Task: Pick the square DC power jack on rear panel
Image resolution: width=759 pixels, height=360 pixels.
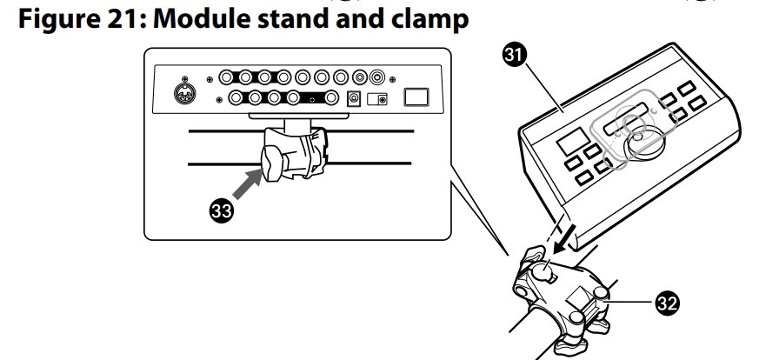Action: (355, 99)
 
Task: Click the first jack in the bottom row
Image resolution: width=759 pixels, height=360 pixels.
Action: (236, 98)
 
